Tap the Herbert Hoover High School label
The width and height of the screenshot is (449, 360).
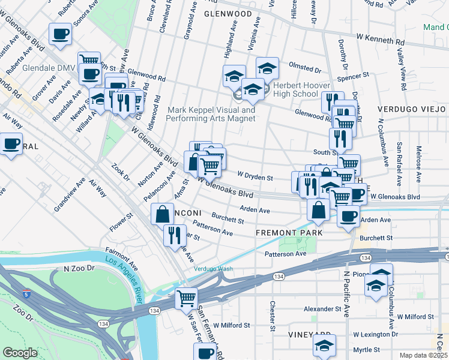295,89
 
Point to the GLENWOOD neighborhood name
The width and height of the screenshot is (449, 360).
228,13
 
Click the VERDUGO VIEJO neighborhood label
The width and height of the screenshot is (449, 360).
412,109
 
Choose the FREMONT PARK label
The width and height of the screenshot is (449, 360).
289,232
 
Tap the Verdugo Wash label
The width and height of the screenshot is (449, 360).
212,268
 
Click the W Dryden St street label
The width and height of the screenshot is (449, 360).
255,178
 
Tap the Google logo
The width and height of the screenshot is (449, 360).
20,353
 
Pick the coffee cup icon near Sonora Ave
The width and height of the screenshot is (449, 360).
60,34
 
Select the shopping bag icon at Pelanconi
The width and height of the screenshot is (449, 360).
163,214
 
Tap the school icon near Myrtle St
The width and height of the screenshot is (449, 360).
324,346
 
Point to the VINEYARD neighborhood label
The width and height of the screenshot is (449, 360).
309,334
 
